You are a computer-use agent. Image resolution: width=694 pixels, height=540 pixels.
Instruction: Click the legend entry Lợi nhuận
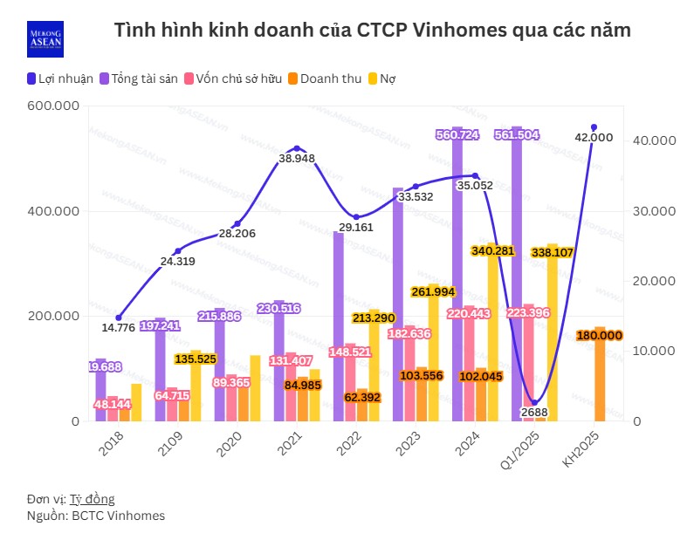(59, 79)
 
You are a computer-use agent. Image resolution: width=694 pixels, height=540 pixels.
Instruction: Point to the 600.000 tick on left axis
(53, 106)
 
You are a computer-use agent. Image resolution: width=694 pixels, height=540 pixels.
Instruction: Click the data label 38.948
(297, 159)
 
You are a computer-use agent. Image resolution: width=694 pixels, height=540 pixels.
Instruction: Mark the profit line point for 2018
(119, 318)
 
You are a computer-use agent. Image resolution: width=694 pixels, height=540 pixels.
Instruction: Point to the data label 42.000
(594, 137)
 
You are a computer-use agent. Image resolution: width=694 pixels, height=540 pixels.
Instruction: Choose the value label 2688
(534, 412)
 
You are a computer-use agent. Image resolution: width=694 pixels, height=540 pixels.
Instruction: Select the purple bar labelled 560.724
(457, 279)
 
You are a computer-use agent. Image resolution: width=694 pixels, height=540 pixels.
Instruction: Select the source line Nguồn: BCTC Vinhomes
(96, 516)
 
